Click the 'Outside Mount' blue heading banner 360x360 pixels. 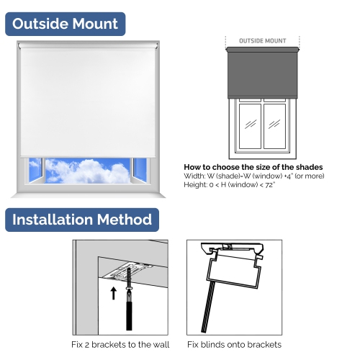coord(66,24)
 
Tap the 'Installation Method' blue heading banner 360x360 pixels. coord(82,220)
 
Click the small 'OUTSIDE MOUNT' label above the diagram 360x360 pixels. coord(262,41)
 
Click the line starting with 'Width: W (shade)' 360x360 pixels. coord(253,176)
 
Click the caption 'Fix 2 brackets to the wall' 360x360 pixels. coord(120,344)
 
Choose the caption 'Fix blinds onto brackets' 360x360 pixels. coord(235,344)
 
